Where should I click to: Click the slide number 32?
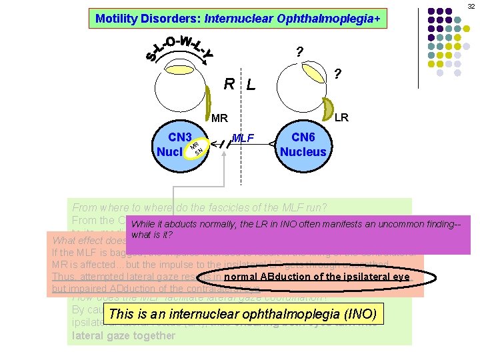tap(471, 5)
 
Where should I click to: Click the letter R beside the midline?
tap(229, 85)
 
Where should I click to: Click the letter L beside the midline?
tap(251, 85)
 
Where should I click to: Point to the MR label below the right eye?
tap(220, 119)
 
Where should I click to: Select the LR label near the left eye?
tap(341, 117)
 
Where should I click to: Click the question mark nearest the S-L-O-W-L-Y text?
tap(299, 52)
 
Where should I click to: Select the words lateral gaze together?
tap(123, 335)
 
